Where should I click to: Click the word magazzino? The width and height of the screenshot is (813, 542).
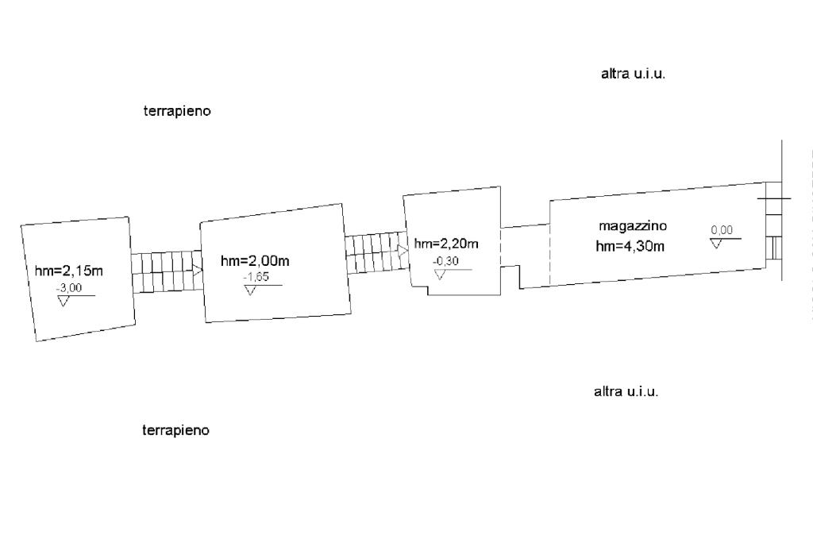633,226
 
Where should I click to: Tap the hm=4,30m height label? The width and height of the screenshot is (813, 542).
630,246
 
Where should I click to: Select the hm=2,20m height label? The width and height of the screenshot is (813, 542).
446,244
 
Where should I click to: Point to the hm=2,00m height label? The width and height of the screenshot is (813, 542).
254,260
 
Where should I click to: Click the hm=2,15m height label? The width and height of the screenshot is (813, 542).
69,271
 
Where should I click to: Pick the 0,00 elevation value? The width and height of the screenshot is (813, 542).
722,230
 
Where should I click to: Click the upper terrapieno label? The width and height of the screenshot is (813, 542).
177,112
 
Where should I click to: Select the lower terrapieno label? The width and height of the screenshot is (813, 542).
176,431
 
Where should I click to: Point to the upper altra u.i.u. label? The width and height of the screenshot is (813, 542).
633,75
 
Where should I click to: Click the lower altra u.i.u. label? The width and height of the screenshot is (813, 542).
626,392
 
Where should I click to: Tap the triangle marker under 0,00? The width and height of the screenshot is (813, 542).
717,243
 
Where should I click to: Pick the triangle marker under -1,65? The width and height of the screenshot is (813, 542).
251,291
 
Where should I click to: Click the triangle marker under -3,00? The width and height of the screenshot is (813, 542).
64,302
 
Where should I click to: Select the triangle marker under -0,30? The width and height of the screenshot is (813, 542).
440,275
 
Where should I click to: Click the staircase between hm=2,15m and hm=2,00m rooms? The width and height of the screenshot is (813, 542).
165,272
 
